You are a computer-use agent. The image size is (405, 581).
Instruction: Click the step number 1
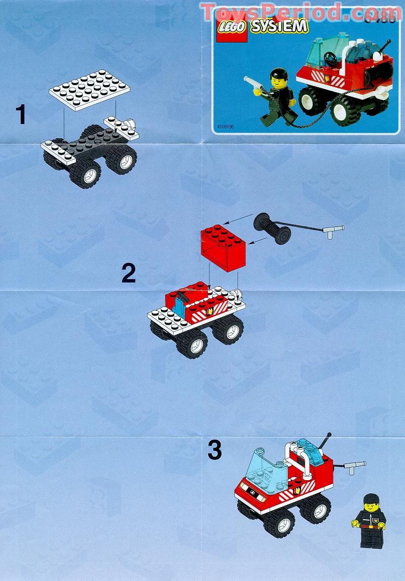click(20, 114)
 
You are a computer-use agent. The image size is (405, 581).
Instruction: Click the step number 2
click(128, 274)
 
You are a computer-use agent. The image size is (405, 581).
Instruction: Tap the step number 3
click(214, 450)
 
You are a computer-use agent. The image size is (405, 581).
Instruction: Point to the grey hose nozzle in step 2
click(334, 231)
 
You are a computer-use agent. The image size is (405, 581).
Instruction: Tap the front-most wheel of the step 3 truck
click(278, 522)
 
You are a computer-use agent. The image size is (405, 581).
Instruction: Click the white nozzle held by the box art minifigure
click(252, 83)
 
